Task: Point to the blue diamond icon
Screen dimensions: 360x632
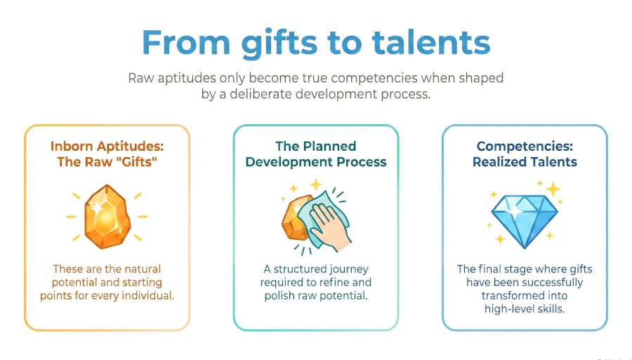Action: click(524, 218)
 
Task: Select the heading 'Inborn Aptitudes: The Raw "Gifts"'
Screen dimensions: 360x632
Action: click(107, 154)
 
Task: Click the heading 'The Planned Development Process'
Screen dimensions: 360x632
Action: click(315, 154)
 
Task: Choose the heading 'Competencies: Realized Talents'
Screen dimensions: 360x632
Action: click(525, 154)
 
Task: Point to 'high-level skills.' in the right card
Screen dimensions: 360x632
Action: click(525, 309)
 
